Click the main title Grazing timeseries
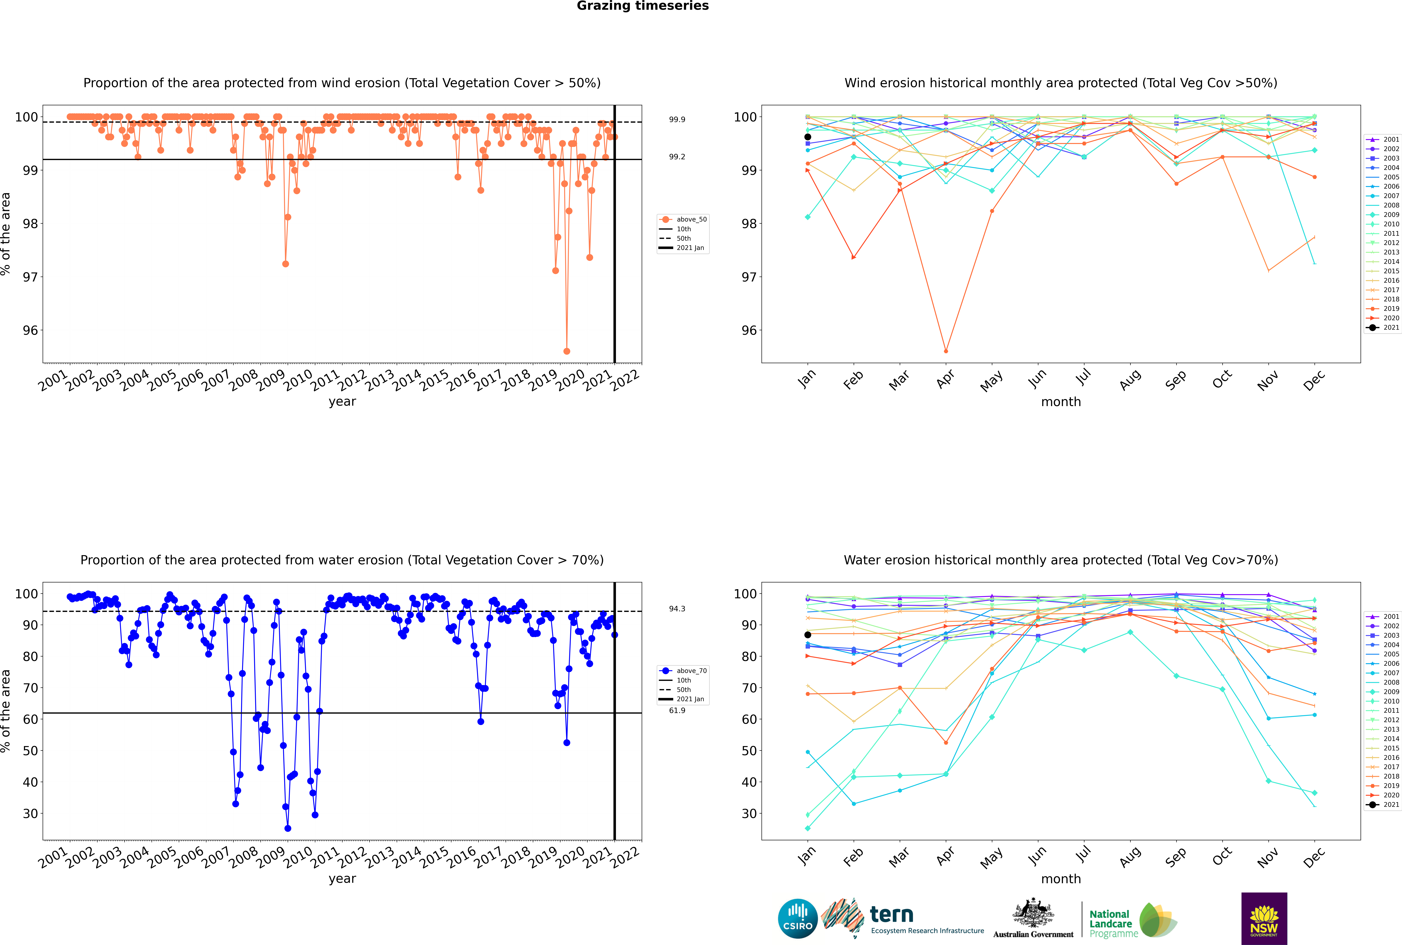(643, 6)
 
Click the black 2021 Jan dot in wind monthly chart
(808, 137)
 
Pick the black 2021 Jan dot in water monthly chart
(808, 635)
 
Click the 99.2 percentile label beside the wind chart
(677, 157)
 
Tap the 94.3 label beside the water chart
(677, 609)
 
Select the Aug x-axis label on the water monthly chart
(1130, 856)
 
